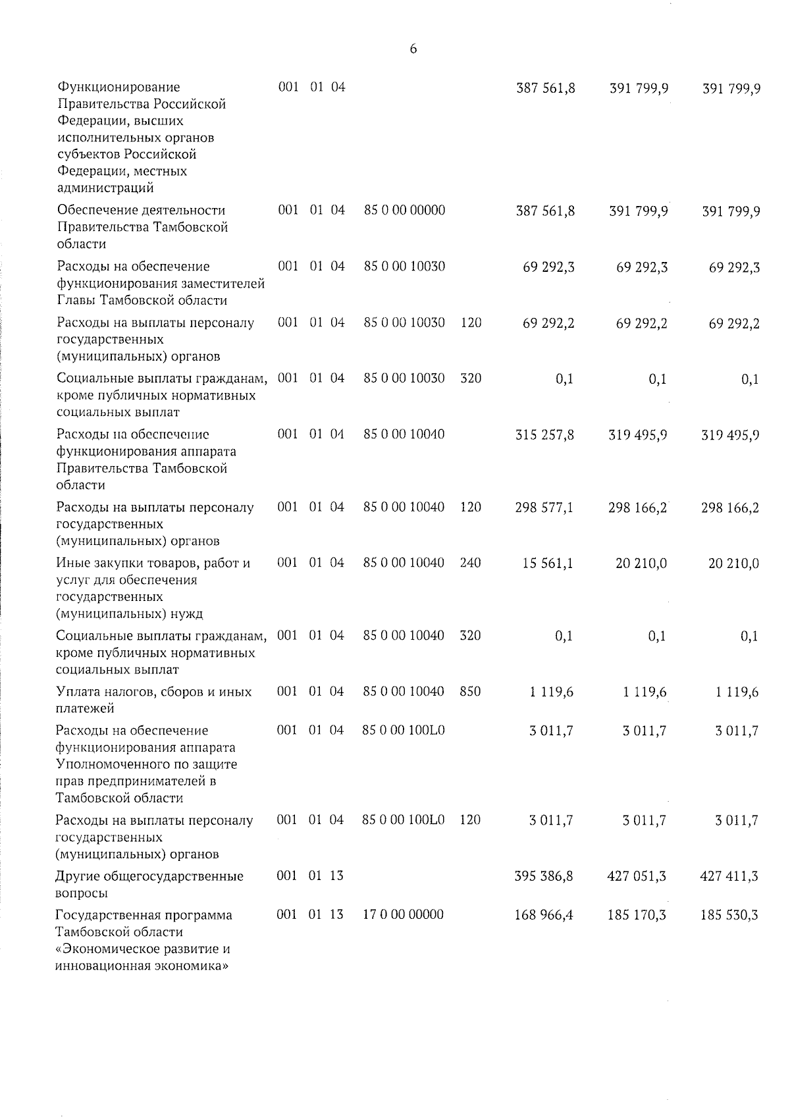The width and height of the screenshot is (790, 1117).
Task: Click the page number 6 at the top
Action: coord(413,49)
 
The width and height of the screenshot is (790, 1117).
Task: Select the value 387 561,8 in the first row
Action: coord(546,88)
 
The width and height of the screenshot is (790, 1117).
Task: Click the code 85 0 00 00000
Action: coord(404,210)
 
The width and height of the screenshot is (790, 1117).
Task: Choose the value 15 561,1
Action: coord(548,563)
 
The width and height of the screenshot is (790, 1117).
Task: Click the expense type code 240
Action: coord(471,563)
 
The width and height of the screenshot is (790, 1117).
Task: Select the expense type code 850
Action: coord(470,692)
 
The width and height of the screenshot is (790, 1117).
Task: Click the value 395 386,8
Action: coord(544,876)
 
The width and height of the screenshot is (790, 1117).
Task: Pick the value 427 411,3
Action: coord(730,876)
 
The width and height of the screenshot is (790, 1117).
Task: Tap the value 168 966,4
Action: coord(544,915)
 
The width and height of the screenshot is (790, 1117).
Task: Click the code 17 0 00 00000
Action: coord(403,915)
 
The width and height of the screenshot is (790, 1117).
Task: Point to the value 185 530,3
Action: coord(729,915)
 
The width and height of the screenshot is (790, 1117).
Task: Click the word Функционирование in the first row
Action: coord(118,88)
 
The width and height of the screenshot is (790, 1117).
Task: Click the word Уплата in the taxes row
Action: coord(78,692)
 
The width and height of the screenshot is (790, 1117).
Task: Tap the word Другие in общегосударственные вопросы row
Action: coord(78,876)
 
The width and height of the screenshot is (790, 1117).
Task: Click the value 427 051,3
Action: coord(637,876)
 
